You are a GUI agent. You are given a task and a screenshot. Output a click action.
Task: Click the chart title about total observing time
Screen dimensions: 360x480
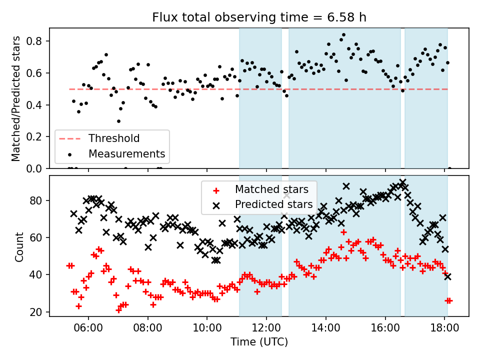[259, 17]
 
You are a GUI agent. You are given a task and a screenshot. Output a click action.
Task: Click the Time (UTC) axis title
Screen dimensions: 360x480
[259, 342]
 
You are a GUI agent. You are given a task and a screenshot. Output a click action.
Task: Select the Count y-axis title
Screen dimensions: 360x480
[19, 246]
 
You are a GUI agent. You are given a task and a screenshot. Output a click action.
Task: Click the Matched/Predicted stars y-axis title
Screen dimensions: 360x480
[16, 98]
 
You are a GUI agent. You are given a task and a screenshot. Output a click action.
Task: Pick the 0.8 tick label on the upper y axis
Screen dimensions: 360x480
[38, 41]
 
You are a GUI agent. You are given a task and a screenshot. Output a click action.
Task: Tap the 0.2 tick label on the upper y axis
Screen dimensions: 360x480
[38, 137]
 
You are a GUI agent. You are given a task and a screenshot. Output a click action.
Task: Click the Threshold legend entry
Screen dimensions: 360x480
[114, 138]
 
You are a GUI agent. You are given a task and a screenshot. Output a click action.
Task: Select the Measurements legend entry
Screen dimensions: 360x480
[126, 153]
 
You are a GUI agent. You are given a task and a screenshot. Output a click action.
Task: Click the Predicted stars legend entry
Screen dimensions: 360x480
[273, 204]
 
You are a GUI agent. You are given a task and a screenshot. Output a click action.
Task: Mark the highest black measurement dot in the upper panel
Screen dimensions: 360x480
[343, 35]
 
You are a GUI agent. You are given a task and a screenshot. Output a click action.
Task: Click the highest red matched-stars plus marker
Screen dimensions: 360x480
[343, 232]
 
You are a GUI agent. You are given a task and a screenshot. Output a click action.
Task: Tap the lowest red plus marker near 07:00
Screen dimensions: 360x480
[118, 310]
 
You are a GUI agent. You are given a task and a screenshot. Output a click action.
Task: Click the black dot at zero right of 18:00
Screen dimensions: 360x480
[449, 168]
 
